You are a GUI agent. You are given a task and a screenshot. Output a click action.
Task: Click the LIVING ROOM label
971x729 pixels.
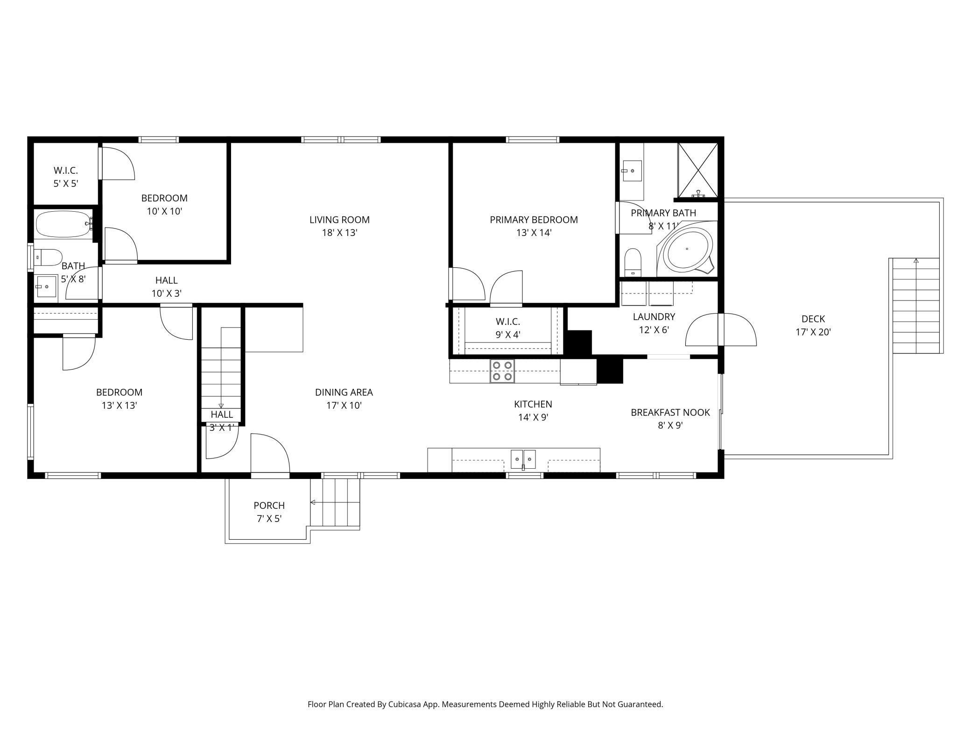point(339,220)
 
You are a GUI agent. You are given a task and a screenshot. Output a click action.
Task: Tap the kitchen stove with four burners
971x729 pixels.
point(502,371)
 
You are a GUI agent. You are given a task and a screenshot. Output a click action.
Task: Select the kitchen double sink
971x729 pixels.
point(523,459)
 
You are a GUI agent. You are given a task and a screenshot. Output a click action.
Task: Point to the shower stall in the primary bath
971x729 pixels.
point(698,170)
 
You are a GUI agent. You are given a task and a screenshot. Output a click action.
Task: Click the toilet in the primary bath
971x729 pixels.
point(633,262)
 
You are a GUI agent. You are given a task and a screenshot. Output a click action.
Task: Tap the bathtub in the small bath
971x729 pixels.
point(64,224)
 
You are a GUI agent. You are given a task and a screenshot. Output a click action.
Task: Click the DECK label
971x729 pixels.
point(813,319)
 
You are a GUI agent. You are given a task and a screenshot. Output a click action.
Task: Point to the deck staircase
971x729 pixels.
point(916,306)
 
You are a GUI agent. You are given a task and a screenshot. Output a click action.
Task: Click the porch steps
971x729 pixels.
point(335,502)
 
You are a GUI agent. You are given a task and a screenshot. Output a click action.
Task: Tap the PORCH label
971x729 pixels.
point(269,505)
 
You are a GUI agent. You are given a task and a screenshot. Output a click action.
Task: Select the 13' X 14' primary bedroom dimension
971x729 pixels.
point(534,233)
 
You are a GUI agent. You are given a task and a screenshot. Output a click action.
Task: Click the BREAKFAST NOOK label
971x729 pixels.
point(670,412)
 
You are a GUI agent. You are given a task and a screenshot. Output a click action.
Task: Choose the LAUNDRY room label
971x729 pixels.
point(654,316)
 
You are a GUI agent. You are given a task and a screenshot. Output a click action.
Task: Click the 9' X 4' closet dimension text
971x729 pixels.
point(507,335)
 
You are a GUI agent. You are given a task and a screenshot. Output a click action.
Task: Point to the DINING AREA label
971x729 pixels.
point(344,392)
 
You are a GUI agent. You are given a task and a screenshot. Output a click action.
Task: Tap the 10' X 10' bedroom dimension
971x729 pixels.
point(164,211)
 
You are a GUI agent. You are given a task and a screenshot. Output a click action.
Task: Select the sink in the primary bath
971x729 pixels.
point(632,171)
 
